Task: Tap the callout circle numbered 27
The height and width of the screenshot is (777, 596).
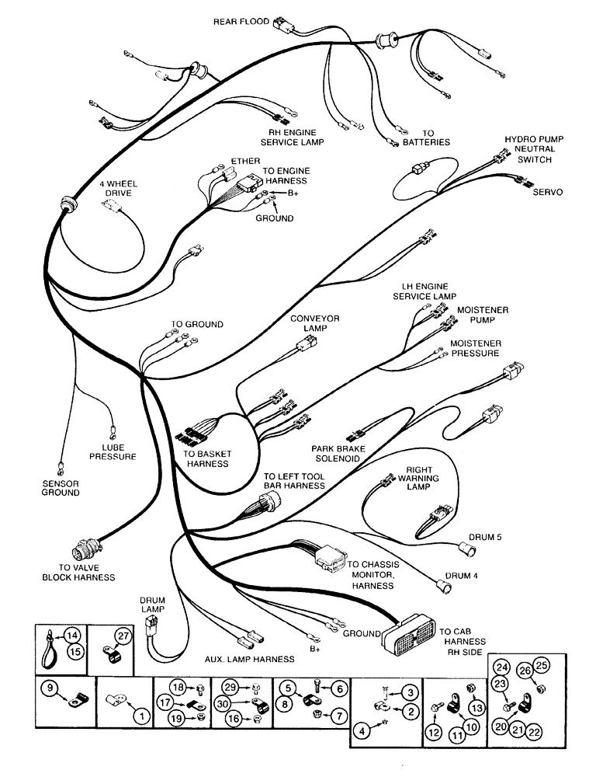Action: tap(122, 636)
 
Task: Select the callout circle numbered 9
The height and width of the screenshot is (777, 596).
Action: tap(48, 687)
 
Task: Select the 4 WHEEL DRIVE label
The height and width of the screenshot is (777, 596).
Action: tap(115, 187)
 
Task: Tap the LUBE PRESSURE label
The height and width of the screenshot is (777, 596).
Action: tap(116, 451)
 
